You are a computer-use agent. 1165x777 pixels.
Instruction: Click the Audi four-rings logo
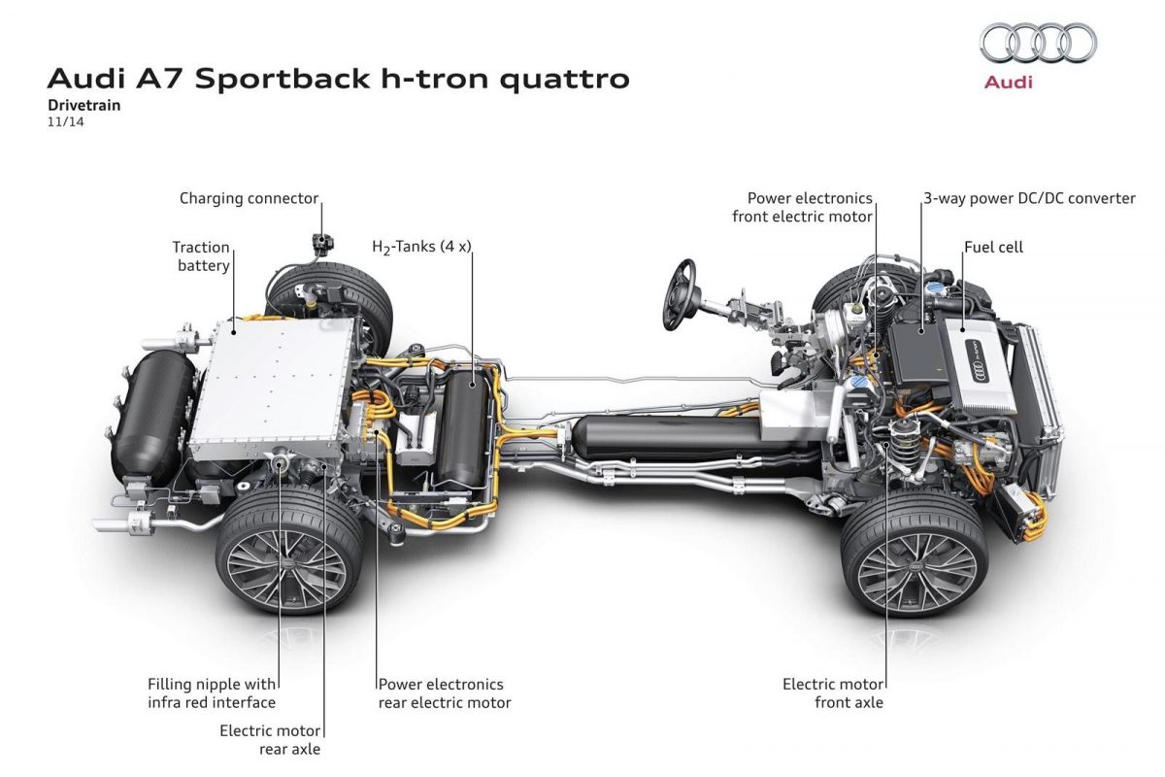(x=1038, y=44)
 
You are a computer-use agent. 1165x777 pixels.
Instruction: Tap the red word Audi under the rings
(x=1009, y=83)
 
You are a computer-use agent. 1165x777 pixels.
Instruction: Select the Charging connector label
(x=249, y=199)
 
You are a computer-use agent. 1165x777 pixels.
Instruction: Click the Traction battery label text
(x=201, y=256)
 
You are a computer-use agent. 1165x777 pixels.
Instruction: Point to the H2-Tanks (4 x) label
(x=421, y=247)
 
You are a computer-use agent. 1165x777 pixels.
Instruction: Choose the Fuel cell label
(x=993, y=248)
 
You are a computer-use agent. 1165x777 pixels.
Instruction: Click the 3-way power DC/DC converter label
(x=1029, y=199)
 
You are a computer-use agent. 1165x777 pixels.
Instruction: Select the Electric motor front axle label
(x=833, y=693)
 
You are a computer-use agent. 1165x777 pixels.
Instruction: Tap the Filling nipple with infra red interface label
(x=212, y=693)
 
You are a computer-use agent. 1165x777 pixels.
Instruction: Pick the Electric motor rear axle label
(x=270, y=739)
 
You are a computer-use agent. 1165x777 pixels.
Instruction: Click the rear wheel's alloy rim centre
(x=289, y=564)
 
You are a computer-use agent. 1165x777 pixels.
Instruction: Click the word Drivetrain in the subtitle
(x=84, y=106)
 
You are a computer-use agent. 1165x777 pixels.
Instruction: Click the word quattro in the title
(x=564, y=78)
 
